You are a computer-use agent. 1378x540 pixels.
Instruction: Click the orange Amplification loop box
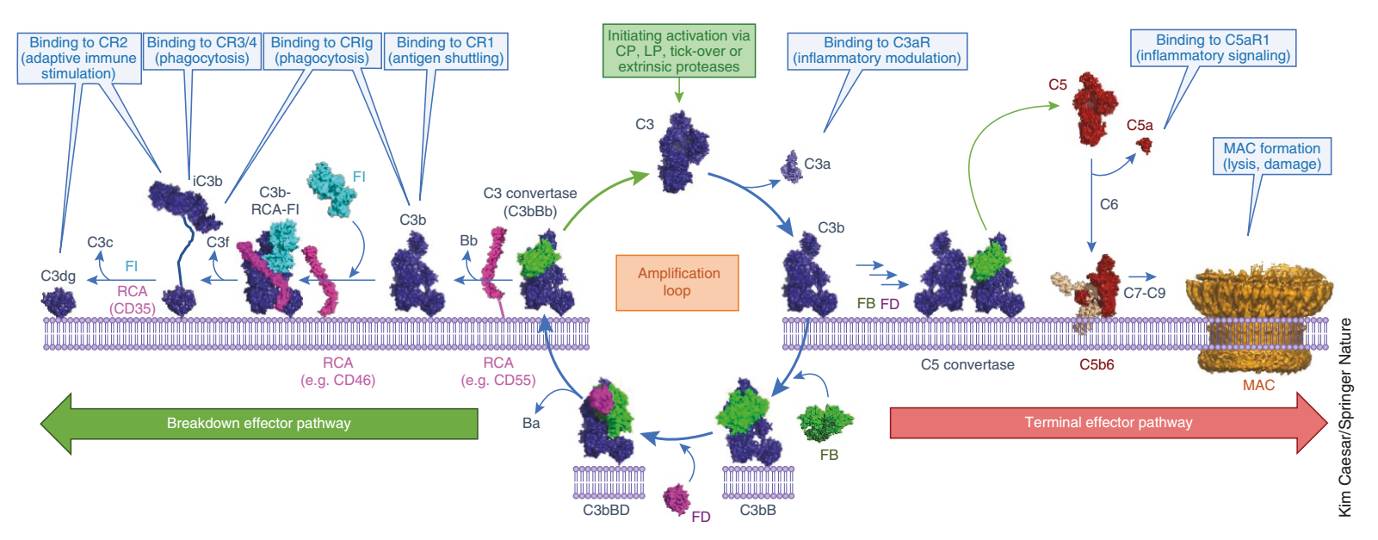pyautogui.click(x=677, y=282)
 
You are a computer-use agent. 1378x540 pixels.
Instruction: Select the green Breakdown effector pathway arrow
pyautogui.click(x=259, y=424)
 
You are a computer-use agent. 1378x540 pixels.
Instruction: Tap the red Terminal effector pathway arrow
pyautogui.click(x=1109, y=422)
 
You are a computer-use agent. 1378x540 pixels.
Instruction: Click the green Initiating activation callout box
pyautogui.click(x=678, y=51)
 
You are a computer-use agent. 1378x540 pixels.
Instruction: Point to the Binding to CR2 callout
pyautogui.click(x=78, y=58)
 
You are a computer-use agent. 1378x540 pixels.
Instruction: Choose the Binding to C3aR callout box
pyautogui.click(x=876, y=51)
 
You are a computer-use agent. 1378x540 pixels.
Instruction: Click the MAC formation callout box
pyautogui.click(x=1271, y=157)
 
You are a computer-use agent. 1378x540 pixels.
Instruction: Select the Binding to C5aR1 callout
pyautogui.click(x=1213, y=48)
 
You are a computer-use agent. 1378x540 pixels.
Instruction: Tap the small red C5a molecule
pyautogui.click(x=1144, y=146)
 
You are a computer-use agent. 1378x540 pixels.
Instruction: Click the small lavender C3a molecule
pyautogui.click(x=792, y=167)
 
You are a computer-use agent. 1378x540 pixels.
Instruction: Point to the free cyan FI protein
pyautogui.click(x=331, y=189)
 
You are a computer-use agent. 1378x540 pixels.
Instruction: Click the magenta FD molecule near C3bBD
pyautogui.click(x=677, y=500)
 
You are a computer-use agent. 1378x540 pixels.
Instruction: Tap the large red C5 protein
pyautogui.click(x=1094, y=108)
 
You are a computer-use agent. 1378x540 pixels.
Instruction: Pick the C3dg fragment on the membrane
pyautogui.click(x=59, y=302)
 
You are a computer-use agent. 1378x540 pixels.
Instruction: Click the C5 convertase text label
pyautogui.click(x=967, y=364)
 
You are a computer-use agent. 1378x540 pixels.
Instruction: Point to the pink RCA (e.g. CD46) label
pyautogui.click(x=337, y=371)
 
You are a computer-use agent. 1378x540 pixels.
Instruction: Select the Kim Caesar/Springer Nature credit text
pyautogui.click(x=1344, y=418)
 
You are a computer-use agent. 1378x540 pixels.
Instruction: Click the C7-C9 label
pyautogui.click(x=1144, y=293)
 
